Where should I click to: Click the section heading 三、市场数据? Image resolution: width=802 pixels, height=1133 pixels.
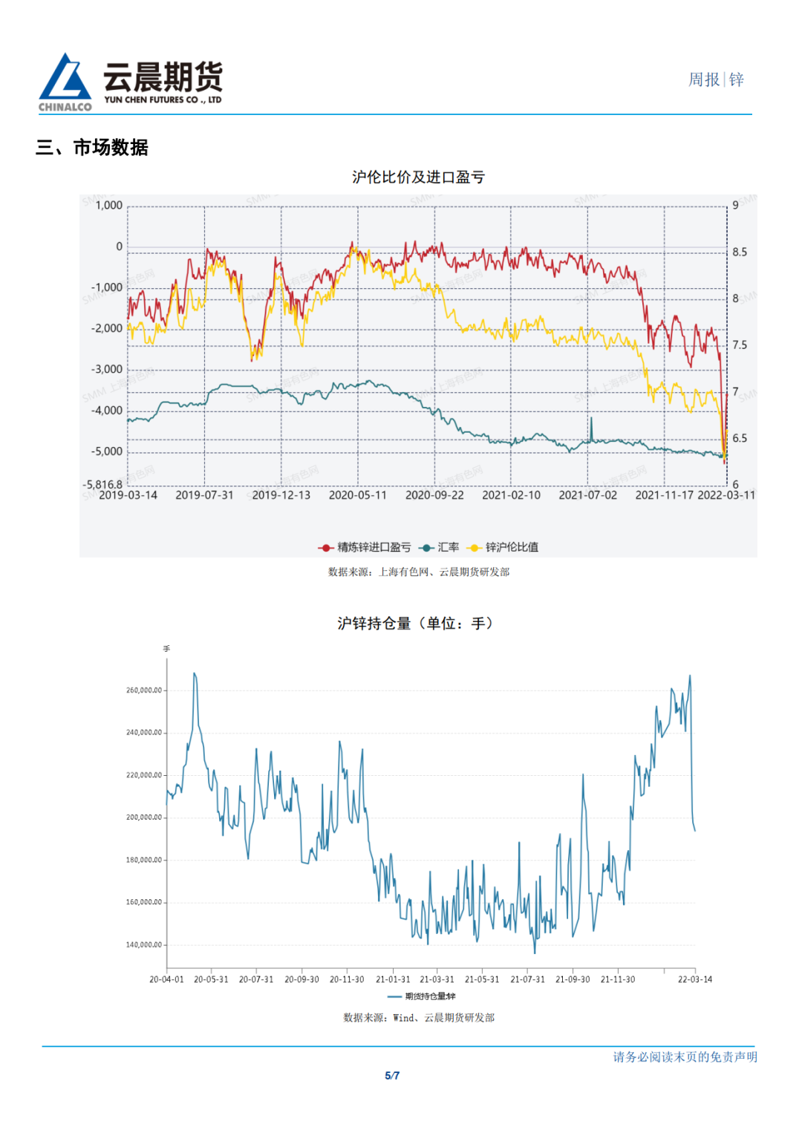(92, 148)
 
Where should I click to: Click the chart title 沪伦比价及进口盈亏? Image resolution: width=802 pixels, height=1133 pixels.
(418, 177)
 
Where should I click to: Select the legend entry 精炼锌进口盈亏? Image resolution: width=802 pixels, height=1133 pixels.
(365, 547)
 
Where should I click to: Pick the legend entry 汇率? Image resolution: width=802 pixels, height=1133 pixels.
(440, 547)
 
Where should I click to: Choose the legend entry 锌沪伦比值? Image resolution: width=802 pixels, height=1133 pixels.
(503, 547)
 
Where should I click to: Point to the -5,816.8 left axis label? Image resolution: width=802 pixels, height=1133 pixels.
(102, 484)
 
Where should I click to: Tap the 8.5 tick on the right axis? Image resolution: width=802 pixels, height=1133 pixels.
(740, 252)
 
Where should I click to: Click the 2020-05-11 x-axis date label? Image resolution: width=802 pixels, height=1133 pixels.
(358, 495)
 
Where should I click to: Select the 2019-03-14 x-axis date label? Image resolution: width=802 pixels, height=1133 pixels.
(128, 495)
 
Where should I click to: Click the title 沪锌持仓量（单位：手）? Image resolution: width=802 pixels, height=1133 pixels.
(415, 624)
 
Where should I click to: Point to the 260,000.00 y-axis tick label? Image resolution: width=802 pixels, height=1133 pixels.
(144, 690)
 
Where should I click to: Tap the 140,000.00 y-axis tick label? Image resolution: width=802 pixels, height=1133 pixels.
(144, 945)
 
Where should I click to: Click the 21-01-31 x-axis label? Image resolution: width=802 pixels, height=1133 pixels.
(393, 979)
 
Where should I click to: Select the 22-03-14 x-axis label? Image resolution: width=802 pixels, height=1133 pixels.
(695, 979)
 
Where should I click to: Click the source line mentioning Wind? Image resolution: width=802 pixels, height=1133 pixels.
(419, 1018)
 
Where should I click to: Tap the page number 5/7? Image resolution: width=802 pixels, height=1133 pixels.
(392, 1076)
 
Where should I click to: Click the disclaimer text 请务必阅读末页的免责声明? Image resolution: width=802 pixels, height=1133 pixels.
(685, 1057)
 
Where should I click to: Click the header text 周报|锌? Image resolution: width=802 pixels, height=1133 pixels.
(716, 80)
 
